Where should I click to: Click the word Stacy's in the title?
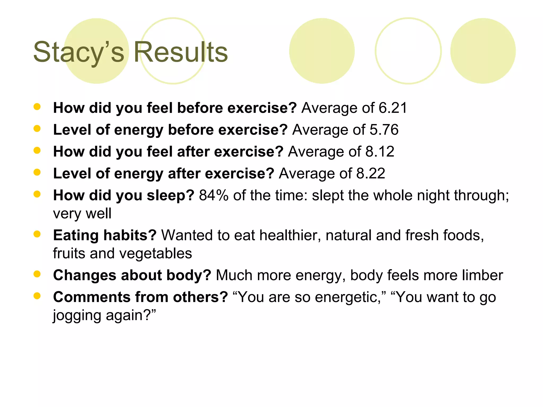79,52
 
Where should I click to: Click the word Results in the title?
181,52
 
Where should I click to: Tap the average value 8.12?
380,152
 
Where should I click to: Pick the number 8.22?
371,174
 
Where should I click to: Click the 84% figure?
214,196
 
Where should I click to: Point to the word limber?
482,275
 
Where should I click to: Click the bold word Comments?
92,297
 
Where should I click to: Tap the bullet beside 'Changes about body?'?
37,274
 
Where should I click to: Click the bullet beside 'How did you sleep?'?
37,194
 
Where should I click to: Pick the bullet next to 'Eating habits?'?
37,234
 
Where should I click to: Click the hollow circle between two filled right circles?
408,51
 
